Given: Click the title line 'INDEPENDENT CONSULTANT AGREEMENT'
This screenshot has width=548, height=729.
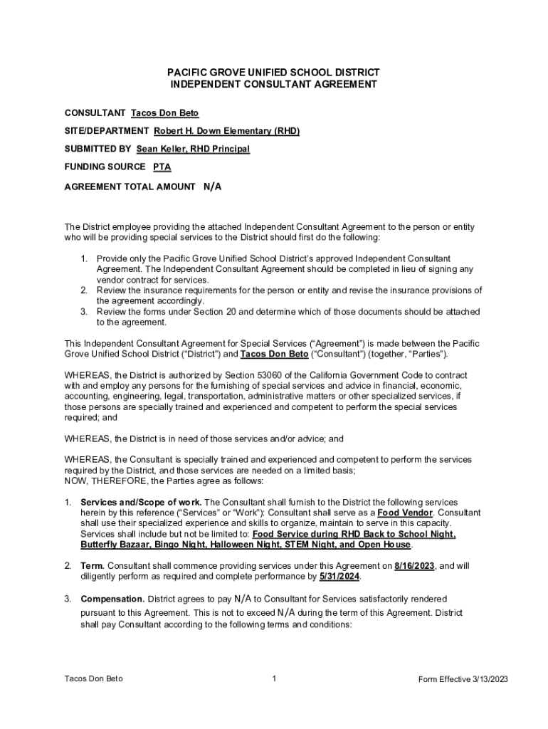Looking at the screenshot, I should pos(273,84).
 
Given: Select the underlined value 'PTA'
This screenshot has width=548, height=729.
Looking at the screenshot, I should pos(162,167).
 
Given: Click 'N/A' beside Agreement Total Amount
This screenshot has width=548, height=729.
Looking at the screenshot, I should pos(213,187).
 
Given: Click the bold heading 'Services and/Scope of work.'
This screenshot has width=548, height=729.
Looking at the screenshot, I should pos(141,502).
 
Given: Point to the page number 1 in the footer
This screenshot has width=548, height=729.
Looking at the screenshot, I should pos(274,678).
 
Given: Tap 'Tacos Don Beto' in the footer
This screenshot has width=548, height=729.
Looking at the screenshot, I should pos(93,678).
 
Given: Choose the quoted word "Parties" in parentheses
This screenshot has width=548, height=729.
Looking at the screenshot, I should pos(426,354).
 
